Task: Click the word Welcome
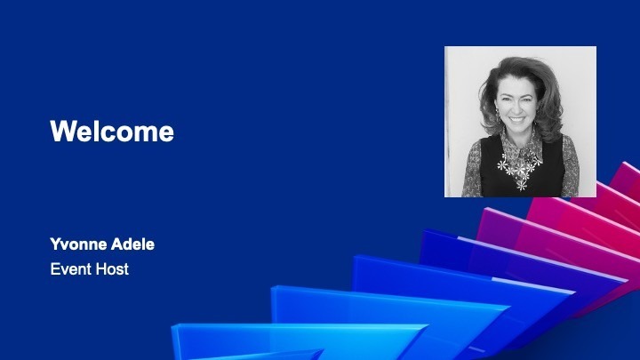[x=112, y=131]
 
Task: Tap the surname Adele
[x=133, y=244]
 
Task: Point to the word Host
[x=112, y=269]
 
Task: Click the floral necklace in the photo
[x=518, y=167]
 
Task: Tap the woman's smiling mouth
[x=517, y=120]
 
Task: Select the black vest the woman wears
[x=522, y=167]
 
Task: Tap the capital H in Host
[x=100, y=269]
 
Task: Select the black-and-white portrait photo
[x=520, y=122]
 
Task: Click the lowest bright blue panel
[x=285, y=340]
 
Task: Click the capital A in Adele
[x=117, y=244]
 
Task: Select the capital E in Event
[x=55, y=269]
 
